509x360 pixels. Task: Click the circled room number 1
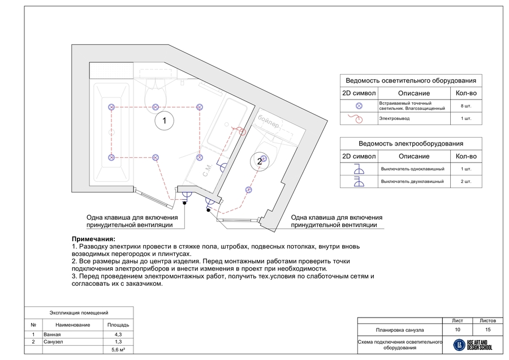click(164, 121)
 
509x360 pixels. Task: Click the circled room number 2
click(260, 161)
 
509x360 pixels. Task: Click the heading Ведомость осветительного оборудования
click(411, 80)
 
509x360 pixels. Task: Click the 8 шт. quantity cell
click(467, 106)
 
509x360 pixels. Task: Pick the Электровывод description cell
click(414, 119)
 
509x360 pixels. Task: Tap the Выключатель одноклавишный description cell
click(413, 169)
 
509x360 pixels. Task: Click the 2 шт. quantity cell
click(467, 182)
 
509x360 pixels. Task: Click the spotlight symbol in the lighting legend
click(358, 106)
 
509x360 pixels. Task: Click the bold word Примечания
click(94, 239)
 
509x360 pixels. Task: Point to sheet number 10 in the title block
click(457, 329)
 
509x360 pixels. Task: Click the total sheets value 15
click(488, 329)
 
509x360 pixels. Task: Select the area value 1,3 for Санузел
click(118, 342)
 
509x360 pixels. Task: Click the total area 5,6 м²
click(118, 350)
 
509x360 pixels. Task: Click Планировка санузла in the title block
click(400, 329)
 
